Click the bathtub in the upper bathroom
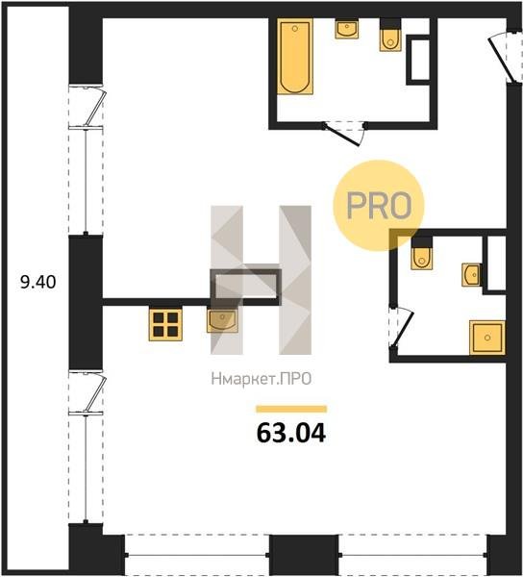pos(295,57)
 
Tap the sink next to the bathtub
pos(347,29)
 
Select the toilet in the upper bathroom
pos(390,35)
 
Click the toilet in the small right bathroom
pos(421,253)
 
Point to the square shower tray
pos(487,338)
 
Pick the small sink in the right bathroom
pos(472,275)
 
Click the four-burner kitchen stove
pos(165,325)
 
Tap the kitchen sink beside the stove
pos(222,320)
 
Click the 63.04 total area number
pos(291,433)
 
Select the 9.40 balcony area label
pos(38,282)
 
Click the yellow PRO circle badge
pos(379,206)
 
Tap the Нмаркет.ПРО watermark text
pos(261,379)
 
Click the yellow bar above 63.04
pos(291,410)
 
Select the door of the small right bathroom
pos(402,327)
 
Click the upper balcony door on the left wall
pos(87,107)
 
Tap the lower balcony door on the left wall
pos(87,393)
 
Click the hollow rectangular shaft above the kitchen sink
pos(246,286)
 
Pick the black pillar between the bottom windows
pos(304,555)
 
